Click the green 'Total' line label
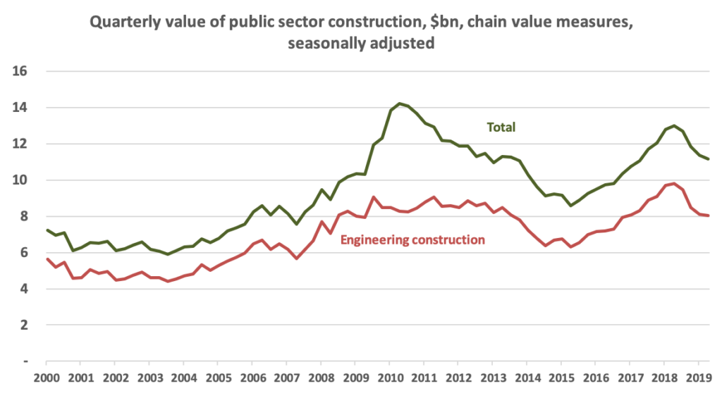tap(501, 127)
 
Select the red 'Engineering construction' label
tap(412, 239)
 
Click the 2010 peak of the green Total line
tap(400, 104)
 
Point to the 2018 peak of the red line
tap(674, 183)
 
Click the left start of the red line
tap(47, 259)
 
